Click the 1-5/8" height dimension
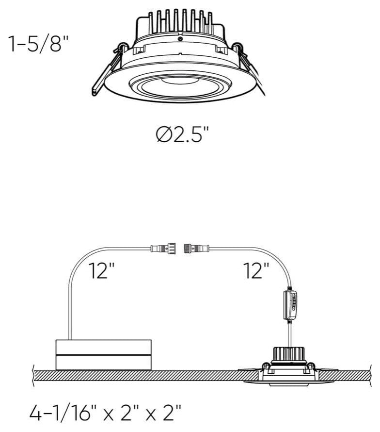click(x=38, y=44)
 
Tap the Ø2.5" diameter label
click(x=183, y=134)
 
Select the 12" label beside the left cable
click(x=101, y=270)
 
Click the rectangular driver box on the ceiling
click(x=103, y=355)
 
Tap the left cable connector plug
click(x=163, y=249)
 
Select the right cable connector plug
click(x=196, y=249)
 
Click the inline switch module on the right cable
click(x=290, y=305)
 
